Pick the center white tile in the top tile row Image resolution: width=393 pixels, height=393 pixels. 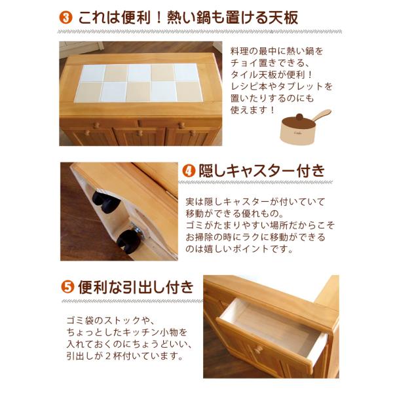click(x=139, y=72)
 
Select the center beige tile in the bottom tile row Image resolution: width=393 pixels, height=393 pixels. click(x=138, y=91)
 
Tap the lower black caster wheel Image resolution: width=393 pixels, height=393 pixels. click(x=129, y=241)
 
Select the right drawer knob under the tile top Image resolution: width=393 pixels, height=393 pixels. click(x=181, y=124)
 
